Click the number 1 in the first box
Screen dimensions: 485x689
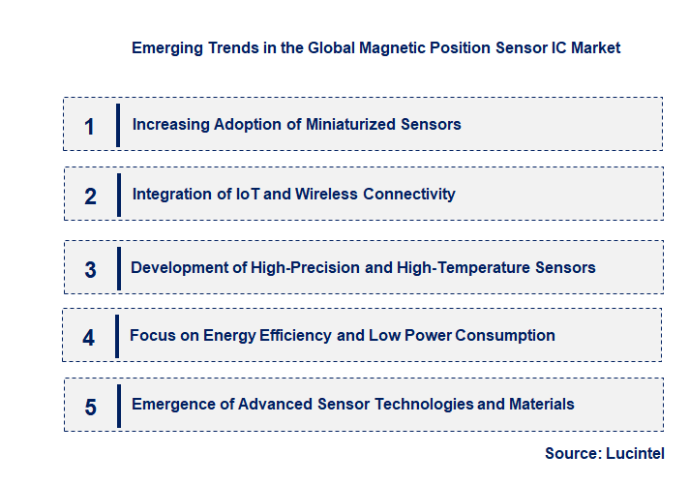point(90,126)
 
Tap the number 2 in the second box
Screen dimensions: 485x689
point(90,196)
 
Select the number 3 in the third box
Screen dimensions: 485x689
point(90,269)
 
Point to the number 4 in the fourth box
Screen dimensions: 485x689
point(89,338)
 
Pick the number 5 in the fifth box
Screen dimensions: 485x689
point(90,407)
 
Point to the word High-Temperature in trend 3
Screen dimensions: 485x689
point(466,267)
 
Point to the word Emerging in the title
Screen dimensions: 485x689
point(166,46)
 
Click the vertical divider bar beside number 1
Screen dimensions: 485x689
point(118,125)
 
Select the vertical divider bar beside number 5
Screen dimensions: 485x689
point(118,406)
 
